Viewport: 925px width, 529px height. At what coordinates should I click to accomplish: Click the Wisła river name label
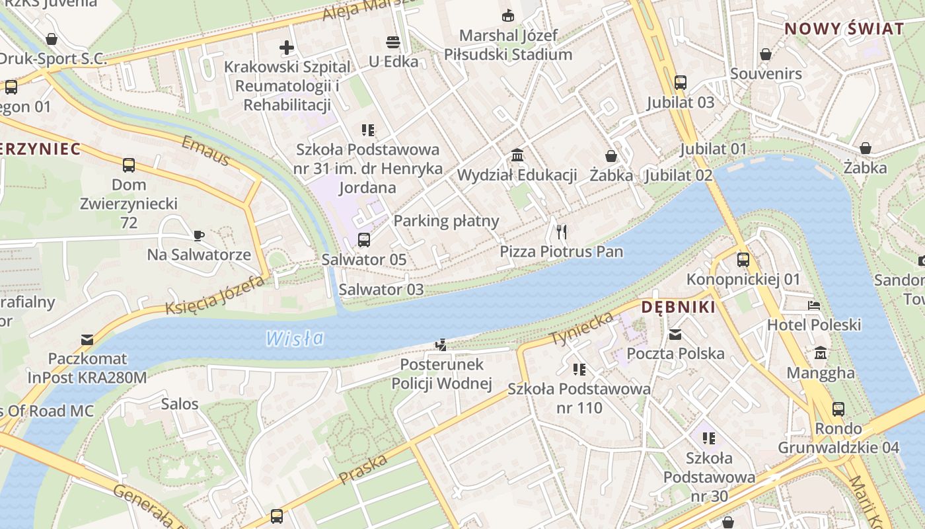295,339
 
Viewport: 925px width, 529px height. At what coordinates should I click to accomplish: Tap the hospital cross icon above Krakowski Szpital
287,47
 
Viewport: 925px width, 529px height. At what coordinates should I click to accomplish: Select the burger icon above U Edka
393,43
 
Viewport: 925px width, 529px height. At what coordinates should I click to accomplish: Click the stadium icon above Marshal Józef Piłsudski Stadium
508,15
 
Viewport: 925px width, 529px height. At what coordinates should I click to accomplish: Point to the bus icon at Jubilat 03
681,83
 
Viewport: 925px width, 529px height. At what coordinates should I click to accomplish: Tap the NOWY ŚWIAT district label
844,28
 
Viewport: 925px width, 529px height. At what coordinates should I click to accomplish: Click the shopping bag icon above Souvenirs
766,54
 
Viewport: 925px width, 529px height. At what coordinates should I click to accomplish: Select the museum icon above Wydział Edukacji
517,155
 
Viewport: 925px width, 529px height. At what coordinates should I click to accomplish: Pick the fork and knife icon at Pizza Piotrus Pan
562,231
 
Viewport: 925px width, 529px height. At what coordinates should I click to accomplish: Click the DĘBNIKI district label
679,307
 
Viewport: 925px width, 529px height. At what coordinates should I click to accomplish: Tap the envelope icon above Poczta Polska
675,335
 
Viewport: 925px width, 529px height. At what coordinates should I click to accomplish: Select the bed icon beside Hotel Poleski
814,305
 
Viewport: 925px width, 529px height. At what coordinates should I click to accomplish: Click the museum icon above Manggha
821,353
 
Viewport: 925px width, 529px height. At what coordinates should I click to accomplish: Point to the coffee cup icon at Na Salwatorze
199,235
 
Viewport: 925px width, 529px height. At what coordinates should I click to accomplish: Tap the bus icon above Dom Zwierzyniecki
129,165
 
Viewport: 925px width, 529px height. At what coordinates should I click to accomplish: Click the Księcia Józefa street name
215,295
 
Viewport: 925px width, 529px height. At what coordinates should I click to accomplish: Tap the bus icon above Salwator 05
364,240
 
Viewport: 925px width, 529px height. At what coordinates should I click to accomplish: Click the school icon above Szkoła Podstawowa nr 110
579,370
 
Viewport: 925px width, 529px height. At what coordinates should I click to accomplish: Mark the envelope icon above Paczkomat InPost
87,340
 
